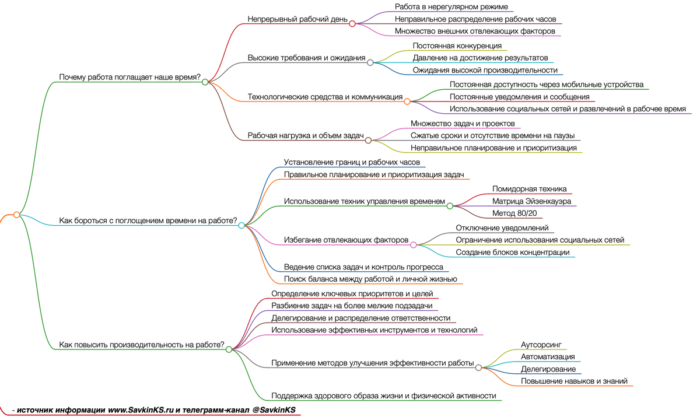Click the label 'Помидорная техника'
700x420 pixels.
pos(529,189)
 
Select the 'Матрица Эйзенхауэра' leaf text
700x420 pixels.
pos(531,201)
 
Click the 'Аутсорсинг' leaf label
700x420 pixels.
pos(541,345)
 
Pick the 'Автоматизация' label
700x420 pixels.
pos(548,357)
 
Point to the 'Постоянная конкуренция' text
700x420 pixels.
pos(457,45)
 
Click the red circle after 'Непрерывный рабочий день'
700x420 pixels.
pos(352,23)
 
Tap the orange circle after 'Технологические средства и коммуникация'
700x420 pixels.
pos(407,101)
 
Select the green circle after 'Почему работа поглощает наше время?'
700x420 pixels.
pos(205,82)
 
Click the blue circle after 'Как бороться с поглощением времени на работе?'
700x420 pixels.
pos(242,225)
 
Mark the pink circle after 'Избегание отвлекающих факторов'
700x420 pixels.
pos(414,245)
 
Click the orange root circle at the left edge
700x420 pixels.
pos(16,215)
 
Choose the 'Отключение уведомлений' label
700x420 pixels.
pos(502,228)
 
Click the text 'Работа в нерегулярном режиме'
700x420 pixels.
pos(451,7)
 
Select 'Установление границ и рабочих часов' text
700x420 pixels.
pos(352,162)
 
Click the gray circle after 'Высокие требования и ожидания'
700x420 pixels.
pos(370,62)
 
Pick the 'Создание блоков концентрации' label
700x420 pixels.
pos(512,253)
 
